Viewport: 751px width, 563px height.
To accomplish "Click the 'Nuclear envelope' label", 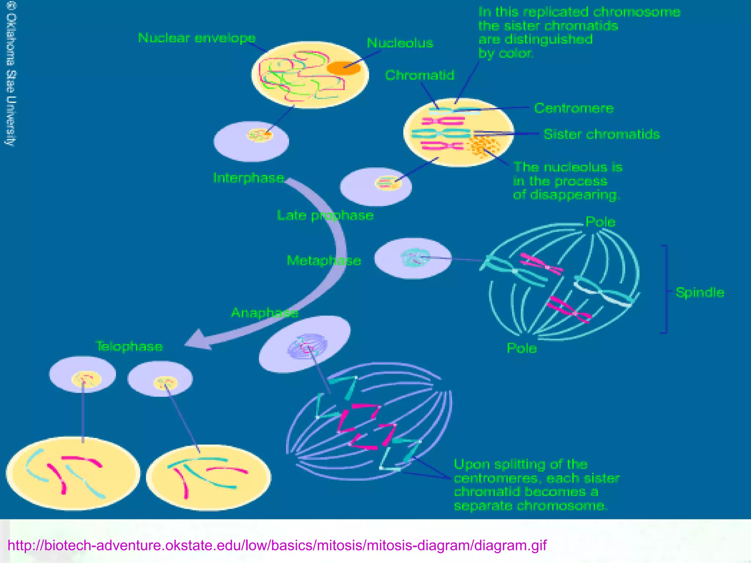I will [x=197, y=38].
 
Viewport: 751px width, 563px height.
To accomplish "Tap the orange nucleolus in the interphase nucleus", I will [x=343, y=68].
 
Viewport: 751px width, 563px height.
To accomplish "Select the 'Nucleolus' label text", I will [x=400, y=43].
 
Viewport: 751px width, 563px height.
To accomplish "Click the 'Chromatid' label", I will [x=420, y=76].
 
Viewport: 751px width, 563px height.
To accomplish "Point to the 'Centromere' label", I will [x=574, y=108].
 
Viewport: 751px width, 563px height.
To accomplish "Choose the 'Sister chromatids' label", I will [x=601, y=135].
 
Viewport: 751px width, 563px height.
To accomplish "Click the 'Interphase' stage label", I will [x=249, y=178].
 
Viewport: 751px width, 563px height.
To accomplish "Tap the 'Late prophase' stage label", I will [x=325, y=216].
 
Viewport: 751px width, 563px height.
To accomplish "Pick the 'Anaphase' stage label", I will [x=264, y=313].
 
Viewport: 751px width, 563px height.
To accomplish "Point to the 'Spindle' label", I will [x=700, y=293].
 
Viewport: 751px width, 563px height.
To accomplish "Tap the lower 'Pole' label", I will [x=521, y=348].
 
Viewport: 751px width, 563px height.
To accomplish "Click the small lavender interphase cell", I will [x=251, y=141].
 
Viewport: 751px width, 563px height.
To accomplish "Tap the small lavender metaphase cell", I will [x=413, y=258].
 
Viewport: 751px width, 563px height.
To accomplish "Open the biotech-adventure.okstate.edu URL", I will [x=277, y=545].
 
